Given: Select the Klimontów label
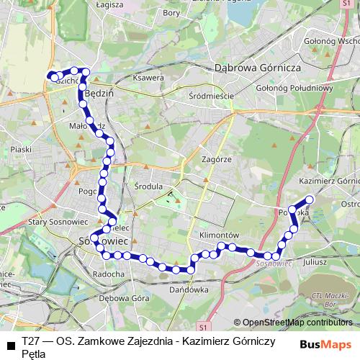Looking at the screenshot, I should pyautogui.click(x=219, y=235).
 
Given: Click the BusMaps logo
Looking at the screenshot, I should pyautogui.click(x=325, y=345).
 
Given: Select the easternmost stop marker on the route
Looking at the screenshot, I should pyautogui.click(x=310, y=199).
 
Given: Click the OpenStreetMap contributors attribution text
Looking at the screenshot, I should pyautogui.click(x=297, y=323).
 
